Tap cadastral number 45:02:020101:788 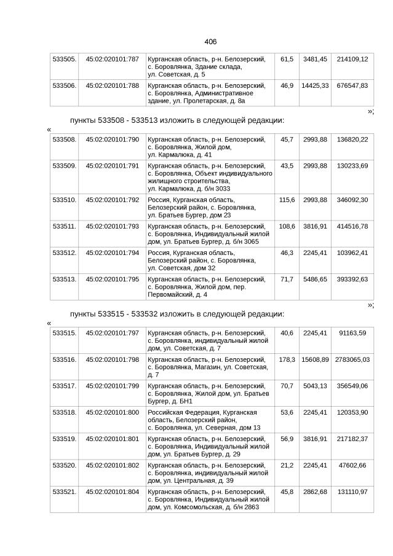[112, 85]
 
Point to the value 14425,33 [314, 85]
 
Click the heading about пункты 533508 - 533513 [177, 120]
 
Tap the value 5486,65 [314, 279]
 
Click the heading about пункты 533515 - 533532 [177, 314]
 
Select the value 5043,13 [314, 386]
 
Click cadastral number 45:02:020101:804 [112, 492]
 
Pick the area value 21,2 [287, 466]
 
